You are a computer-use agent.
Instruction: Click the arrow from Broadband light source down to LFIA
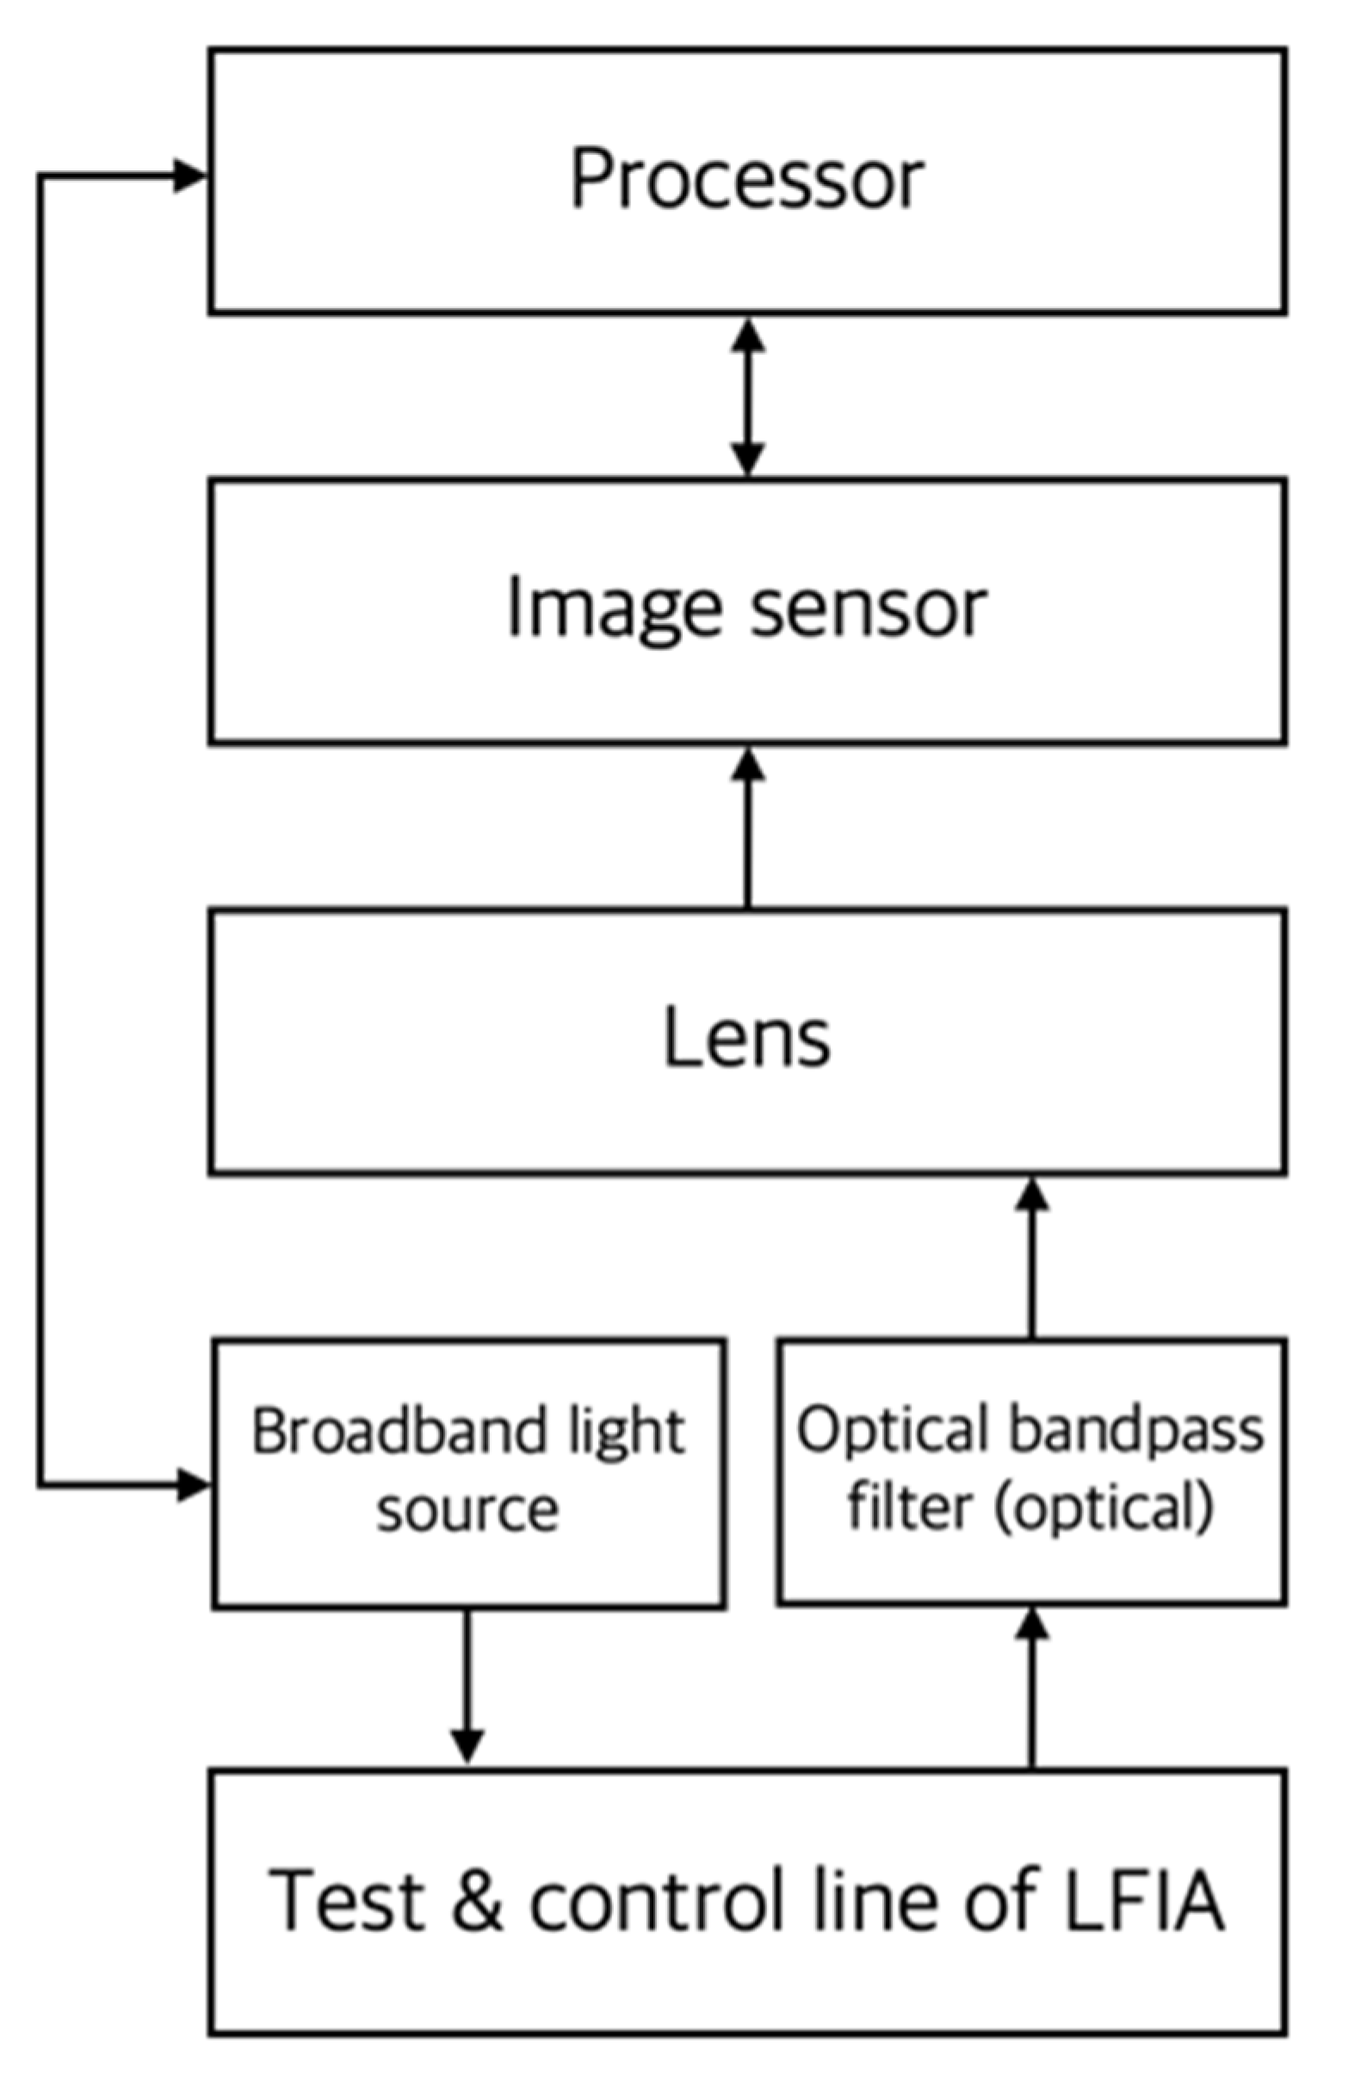click(x=467, y=1686)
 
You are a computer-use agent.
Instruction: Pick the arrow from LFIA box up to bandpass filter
click(x=1031, y=1686)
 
